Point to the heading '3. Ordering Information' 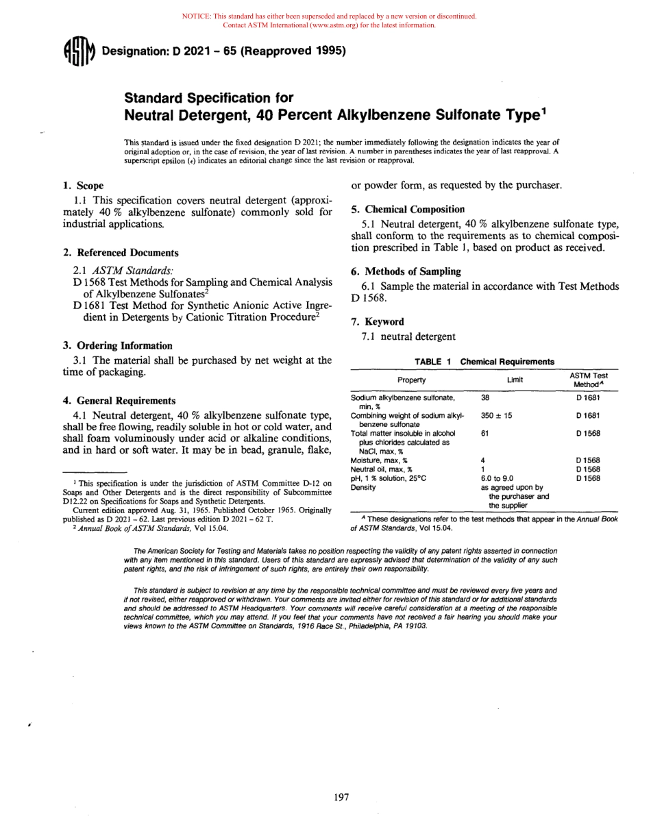tap(117, 346)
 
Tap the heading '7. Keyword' tap(378, 321)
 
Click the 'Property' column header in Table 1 tap(411, 380)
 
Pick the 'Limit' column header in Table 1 tap(515, 380)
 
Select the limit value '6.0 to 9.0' tap(497, 478)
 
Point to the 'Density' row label tap(363, 488)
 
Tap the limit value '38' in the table tap(485, 397)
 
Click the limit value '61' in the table tap(485, 433)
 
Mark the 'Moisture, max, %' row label tap(378, 460)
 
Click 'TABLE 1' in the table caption tap(432, 362)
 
